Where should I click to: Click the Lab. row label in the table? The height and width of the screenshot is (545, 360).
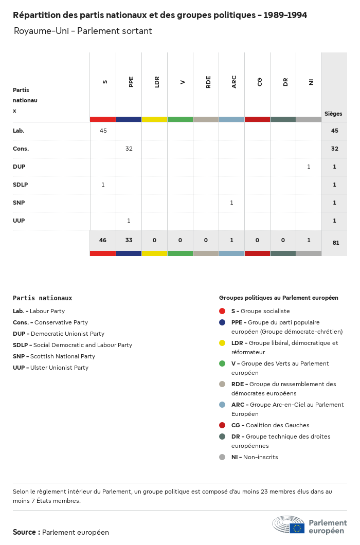pos(19,131)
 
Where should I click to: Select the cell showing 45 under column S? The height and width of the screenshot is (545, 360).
pos(103,131)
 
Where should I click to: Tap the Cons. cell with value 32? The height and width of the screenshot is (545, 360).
pos(129,149)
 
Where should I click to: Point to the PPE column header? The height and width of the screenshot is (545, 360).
pos(131,82)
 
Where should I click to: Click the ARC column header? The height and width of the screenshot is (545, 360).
pos(234,82)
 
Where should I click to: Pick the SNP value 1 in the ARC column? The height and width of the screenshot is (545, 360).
pos(231,203)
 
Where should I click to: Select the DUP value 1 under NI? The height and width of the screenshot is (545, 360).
pos(309,167)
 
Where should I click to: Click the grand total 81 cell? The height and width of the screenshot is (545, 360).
pos(335,243)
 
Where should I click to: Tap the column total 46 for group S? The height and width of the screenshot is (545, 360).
pos(103,240)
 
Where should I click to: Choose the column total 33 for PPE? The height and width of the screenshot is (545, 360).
pos(129,240)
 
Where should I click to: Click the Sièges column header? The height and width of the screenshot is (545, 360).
pos(333,114)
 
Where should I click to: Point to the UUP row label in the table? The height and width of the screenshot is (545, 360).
pos(19,221)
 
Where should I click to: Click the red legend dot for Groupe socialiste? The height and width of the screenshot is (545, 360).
pos(222,311)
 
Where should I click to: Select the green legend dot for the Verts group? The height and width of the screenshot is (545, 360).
pos(222,364)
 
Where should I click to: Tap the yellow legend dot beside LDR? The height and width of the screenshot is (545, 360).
pos(222,343)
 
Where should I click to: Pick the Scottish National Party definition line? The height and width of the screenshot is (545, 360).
pos(54,356)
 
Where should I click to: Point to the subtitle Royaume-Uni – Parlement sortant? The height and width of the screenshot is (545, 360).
pos(83,31)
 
